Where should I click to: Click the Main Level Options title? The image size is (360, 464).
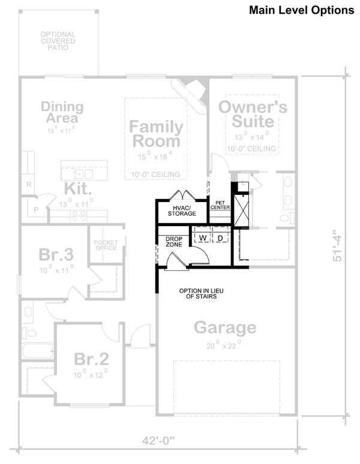301,10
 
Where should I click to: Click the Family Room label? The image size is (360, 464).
156,134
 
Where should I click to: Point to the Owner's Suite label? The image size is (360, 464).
253,114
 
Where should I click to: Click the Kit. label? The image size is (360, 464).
79,189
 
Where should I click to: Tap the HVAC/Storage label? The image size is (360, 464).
181,210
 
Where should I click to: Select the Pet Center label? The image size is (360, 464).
220,206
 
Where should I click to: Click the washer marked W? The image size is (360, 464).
203,239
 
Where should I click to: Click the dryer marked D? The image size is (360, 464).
220,239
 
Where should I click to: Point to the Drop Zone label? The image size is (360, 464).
174,242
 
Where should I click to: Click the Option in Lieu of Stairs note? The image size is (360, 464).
197,294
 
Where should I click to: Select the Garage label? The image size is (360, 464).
225,328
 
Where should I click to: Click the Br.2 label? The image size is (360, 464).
91,359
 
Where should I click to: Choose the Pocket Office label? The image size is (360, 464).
106,245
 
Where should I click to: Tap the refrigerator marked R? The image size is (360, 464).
28,185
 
